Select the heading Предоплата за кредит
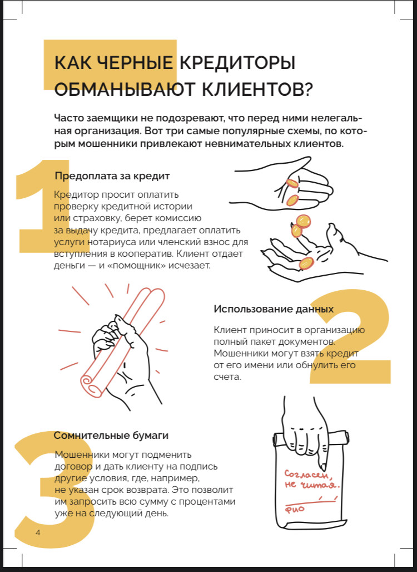pos(112,176)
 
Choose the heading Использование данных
pos(274,309)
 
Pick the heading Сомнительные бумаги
pos(111,436)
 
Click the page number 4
pos(38,533)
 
